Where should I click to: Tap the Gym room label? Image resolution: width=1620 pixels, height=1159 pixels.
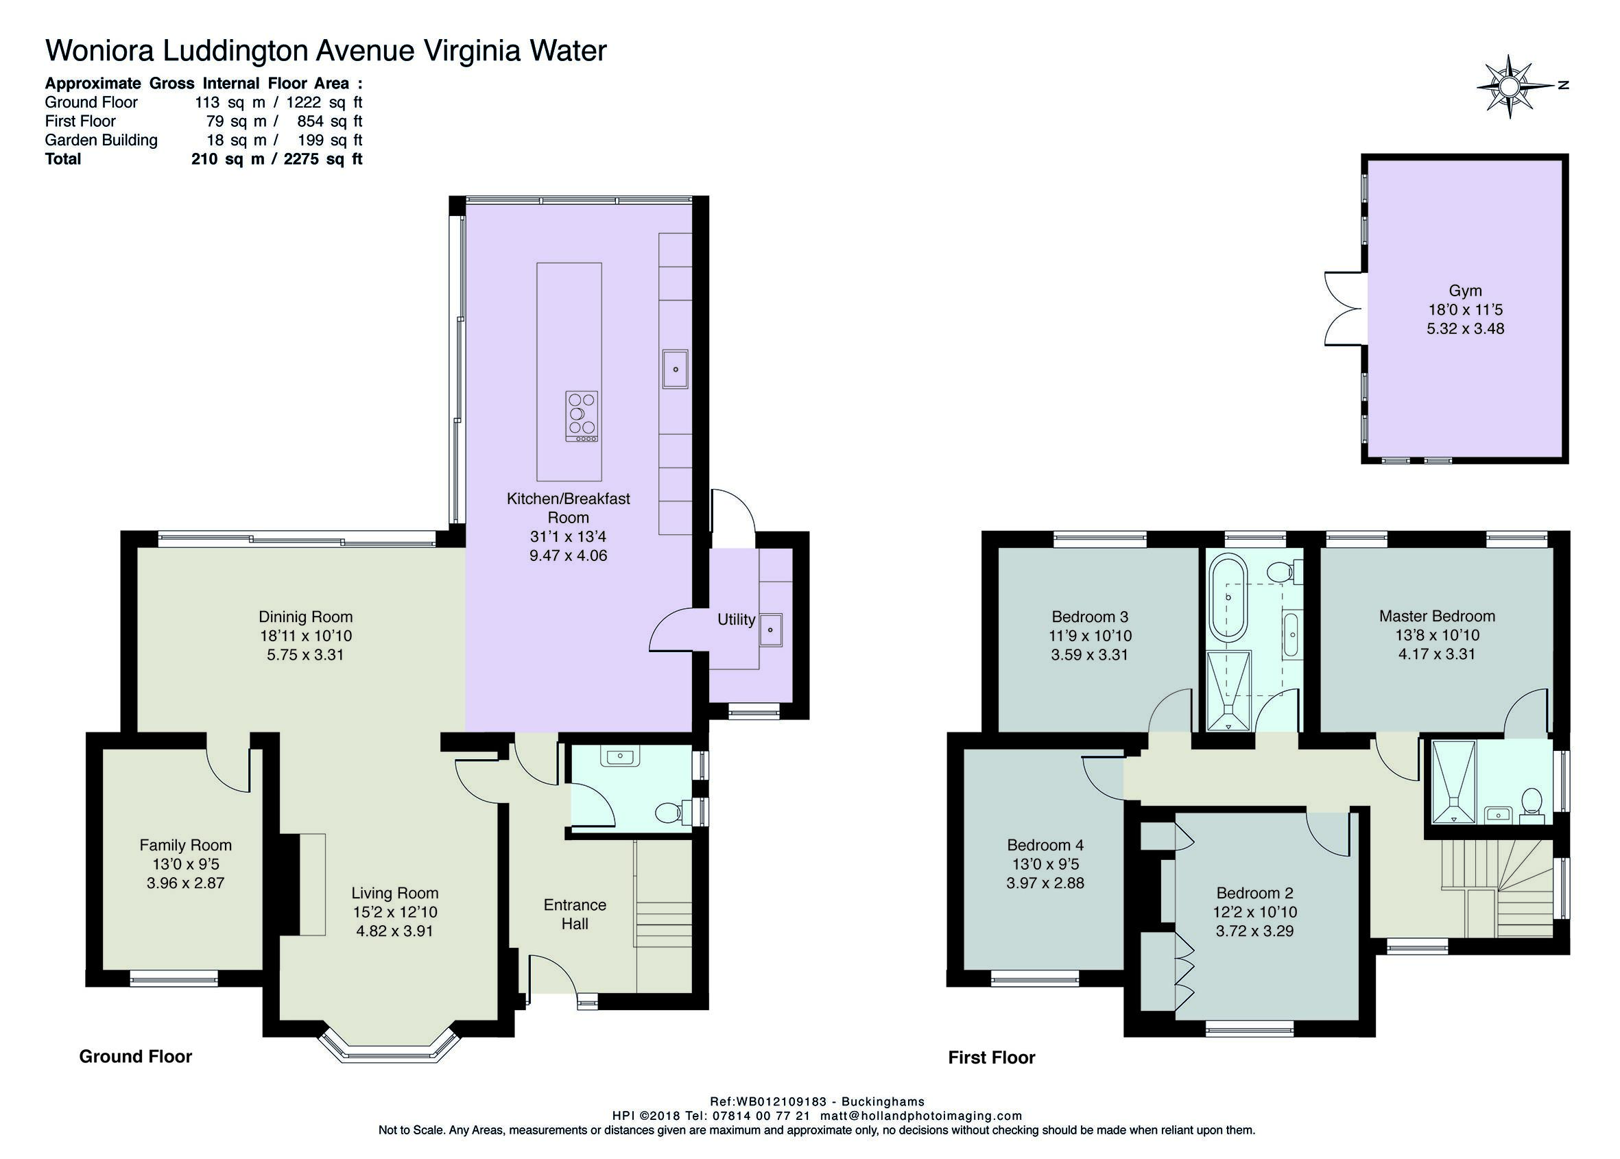pyautogui.click(x=1465, y=291)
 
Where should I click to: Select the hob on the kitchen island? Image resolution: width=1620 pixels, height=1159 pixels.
pyautogui.click(x=582, y=416)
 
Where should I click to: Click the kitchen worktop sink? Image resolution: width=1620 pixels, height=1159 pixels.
pyautogui.click(x=674, y=369)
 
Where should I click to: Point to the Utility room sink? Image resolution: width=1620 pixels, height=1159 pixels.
pyautogui.click(x=771, y=630)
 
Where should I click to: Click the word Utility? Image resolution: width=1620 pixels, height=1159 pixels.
pyautogui.click(x=736, y=619)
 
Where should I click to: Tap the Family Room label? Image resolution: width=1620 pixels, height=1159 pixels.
pyautogui.click(x=186, y=845)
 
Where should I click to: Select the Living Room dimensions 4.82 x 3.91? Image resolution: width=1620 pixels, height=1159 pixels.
pyautogui.click(x=394, y=931)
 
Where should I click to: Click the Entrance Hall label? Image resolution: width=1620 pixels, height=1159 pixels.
pyautogui.click(x=575, y=914)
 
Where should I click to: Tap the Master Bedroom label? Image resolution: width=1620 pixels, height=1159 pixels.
pyautogui.click(x=1438, y=616)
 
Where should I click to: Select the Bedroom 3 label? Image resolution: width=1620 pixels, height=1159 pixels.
pyautogui.click(x=1090, y=617)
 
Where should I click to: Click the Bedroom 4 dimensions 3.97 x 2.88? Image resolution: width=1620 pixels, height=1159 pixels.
pyautogui.click(x=1045, y=883)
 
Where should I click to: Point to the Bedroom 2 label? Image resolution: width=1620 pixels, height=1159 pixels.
pyautogui.click(x=1254, y=893)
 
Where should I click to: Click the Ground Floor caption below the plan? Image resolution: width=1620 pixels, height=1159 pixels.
pyautogui.click(x=136, y=1056)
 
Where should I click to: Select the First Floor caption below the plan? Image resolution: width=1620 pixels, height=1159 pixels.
pyautogui.click(x=991, y=1058)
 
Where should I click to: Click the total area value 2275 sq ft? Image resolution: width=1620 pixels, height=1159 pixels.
pyautogui.click(x=322, y=158)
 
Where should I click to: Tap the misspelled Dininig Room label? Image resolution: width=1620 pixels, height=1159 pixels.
pyautogui.click(x=305, y=617)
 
